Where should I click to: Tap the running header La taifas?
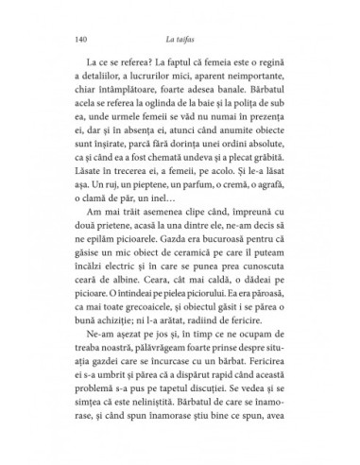179,40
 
